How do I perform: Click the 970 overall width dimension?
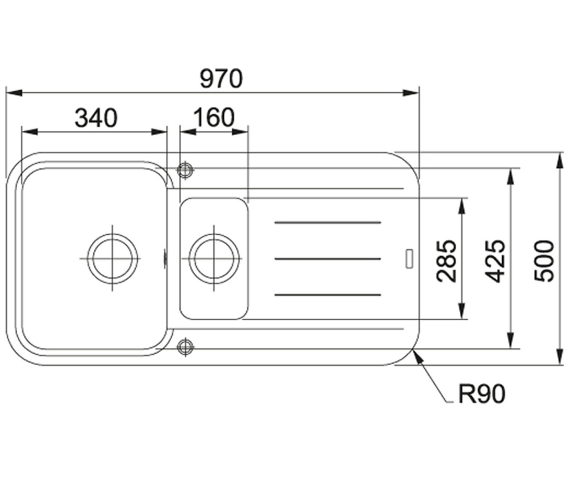pyautogui.click(x=221, y=79)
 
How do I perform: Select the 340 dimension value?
pyautogui.click(x=96, y=118)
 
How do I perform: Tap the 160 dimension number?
pyautogui.click(x=214, y=118)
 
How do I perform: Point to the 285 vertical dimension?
pyautogui.click(x=446, y=261)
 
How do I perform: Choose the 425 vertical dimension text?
pyautogui.click(x=495, y=261)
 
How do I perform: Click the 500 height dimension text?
pyautogui.click(x=544, y=261)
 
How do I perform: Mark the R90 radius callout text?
pyautogui.click(x=482, y=394)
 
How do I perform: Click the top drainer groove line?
pyautogui.click(x=328, y=222)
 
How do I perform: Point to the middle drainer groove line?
pyautogui.click(x=328, y=259)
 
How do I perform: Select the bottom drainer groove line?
pyautogui.click(x=328, y=295)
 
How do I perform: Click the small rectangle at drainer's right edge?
pyautogui.click(x=409, y=259)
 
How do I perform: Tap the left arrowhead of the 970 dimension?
pyautogui.click(x=14, y=93)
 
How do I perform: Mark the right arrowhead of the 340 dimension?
pyautogui.click(x=159, y=132)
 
